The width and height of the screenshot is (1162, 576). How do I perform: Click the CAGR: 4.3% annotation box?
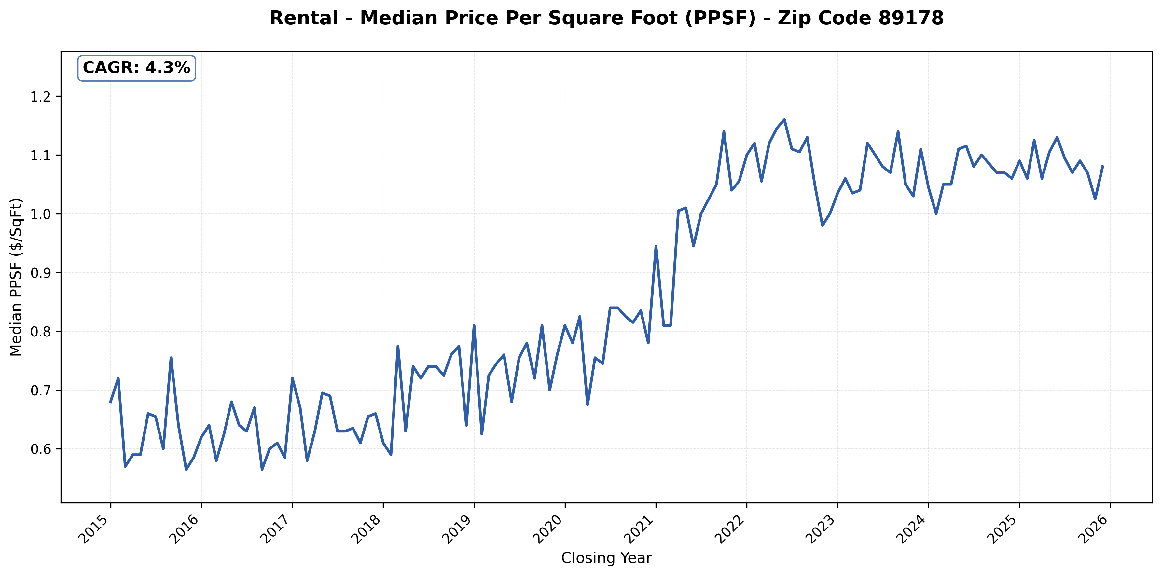coord(136,68)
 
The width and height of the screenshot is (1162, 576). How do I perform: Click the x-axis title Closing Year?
coord(606,558)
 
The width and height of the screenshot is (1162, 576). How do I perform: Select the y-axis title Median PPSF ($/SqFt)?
coord(16,277)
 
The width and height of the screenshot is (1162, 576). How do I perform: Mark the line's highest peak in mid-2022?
coord(784,120)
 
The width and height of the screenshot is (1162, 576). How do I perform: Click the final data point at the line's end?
coord(1102,166)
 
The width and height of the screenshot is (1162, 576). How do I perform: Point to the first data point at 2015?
coord(111,402)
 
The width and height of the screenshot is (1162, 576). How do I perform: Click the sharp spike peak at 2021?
coord(656,246)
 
